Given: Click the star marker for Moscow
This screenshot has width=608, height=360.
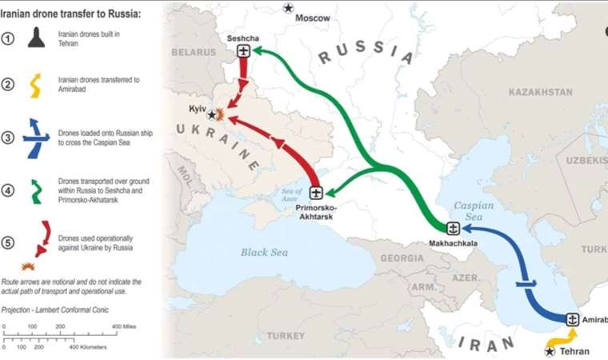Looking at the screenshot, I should click(x=288, y=8).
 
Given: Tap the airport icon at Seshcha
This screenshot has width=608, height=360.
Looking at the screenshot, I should click(x=244, y=51).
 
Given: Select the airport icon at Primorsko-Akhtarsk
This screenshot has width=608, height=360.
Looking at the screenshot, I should click(x=316, y=193).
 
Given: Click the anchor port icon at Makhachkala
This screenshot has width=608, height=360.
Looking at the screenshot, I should click(x=452, y=228).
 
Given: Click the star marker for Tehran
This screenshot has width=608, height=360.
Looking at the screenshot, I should click(x=550, y=350).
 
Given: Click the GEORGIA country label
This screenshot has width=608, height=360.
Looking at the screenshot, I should click(x=402, y=258).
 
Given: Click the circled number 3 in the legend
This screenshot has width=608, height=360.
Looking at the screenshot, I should click(x=8, y=138).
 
